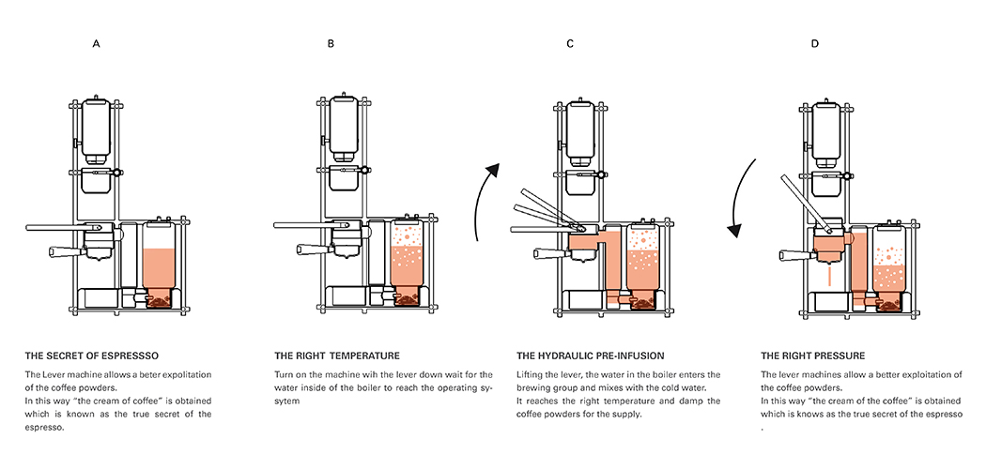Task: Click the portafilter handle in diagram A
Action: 65,250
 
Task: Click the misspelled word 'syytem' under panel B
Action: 290,401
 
